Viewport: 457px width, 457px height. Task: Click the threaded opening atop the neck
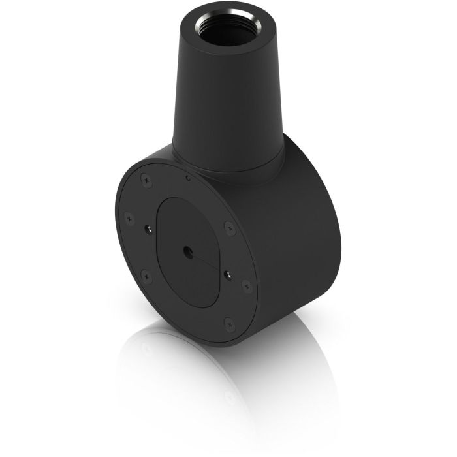pyautogui.click(x=228, y=30)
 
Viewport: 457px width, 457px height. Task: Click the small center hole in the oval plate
pyautogui.click(x=189, y=250)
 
